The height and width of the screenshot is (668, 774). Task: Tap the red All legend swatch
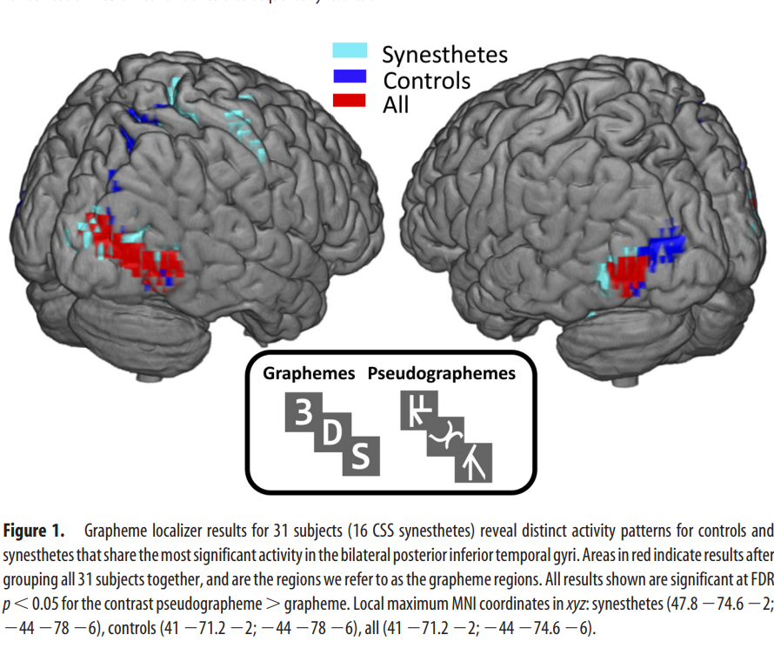[350, 100]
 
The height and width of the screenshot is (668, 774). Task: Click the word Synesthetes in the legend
[444, 54]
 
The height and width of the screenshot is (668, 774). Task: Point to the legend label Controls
[426, 80]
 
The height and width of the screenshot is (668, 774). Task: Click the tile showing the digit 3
[303, 413]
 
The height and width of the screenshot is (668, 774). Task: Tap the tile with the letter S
[360, 455]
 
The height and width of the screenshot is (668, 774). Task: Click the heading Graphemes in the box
[309, 374]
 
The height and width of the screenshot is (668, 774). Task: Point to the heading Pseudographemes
[441, 374]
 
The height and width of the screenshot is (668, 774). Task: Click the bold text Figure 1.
[33, 531]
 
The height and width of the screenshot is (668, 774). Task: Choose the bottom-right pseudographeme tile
[474, 462]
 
